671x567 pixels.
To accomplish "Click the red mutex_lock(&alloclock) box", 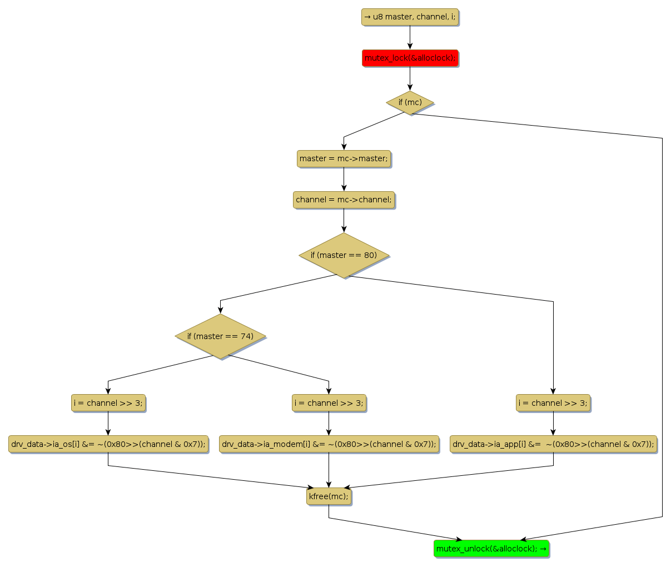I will pos(410,58).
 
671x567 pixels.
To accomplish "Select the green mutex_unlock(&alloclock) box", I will pos(491,549).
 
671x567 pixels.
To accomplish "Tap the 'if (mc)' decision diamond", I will pos(410,102).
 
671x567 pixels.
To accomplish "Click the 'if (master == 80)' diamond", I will pos(344,255).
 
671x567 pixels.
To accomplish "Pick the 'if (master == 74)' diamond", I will pos(220,336).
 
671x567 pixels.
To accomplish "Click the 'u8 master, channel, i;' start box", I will pos(410,17).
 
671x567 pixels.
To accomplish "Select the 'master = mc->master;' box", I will pos(344,158).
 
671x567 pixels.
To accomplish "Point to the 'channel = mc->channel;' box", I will pos(344,200).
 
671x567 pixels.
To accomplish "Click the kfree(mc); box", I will pos(329,496).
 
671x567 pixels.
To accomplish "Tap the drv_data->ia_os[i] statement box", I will pos(108,444).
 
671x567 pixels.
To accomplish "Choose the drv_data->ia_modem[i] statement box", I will pos(329,444).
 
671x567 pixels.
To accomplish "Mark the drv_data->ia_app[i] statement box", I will pos(553,444).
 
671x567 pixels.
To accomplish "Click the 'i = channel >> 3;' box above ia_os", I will pos(108,403).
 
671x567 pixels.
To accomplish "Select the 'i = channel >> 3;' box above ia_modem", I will pos(329,403).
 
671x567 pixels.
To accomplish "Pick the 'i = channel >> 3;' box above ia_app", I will pos(553,403).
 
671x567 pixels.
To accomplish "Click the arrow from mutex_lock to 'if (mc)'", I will pos(410,78).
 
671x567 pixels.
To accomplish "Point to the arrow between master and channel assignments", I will pos(344,179).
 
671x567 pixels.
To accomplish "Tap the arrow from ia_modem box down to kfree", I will pos(329,470).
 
